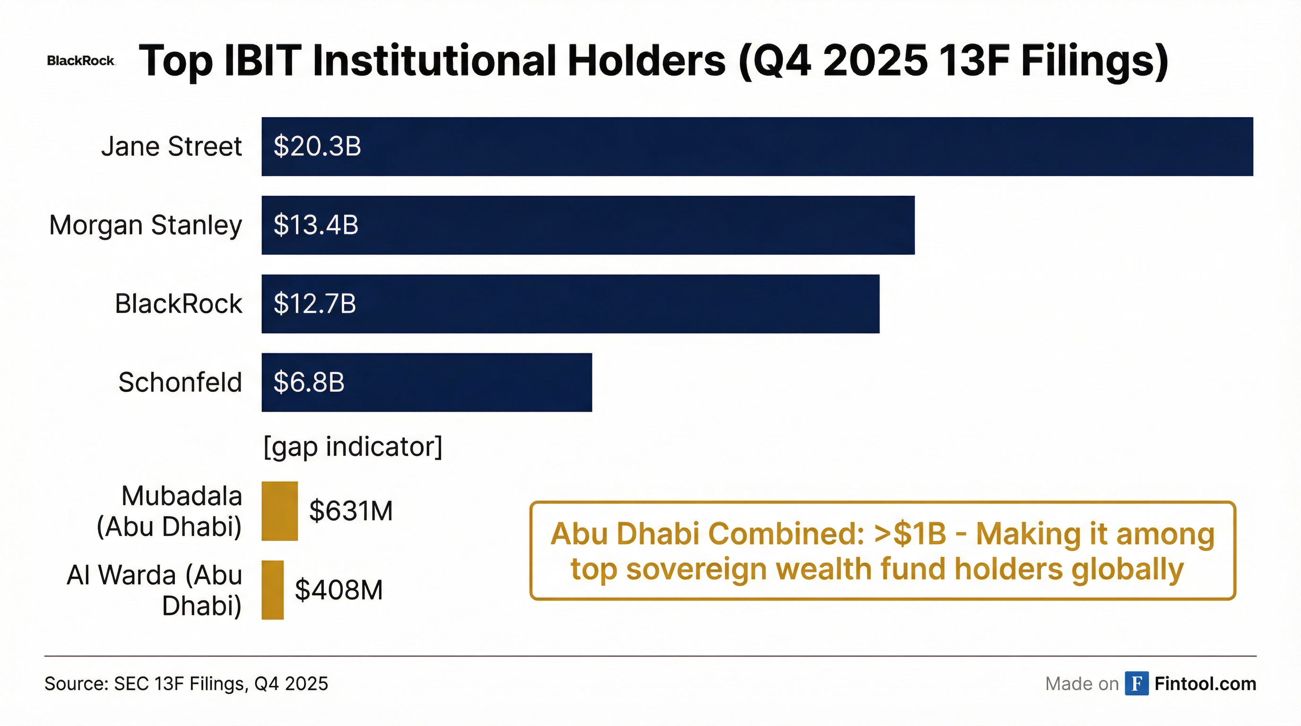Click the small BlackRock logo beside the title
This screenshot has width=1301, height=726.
pos(81,61)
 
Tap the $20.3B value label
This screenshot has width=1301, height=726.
pos(317,147)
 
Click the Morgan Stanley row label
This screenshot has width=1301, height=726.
pos(146,225)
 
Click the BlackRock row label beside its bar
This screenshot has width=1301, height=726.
pos(178,304)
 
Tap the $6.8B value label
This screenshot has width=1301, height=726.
pos(309,382)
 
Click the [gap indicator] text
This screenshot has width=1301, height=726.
pos(353,447)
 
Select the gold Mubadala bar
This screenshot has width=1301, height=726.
pos(279,511)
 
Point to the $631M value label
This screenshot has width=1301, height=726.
pos(351,511)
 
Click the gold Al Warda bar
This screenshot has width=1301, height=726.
pos(272,590)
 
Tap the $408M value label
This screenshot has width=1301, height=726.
pos(339,590)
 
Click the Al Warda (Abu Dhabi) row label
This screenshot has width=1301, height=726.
pos(155,590)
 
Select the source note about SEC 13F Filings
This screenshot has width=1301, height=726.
pos(186,683)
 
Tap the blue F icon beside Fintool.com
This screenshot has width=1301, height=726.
pos(1136,683)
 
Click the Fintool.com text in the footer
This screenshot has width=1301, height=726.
pos(1205,683)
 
